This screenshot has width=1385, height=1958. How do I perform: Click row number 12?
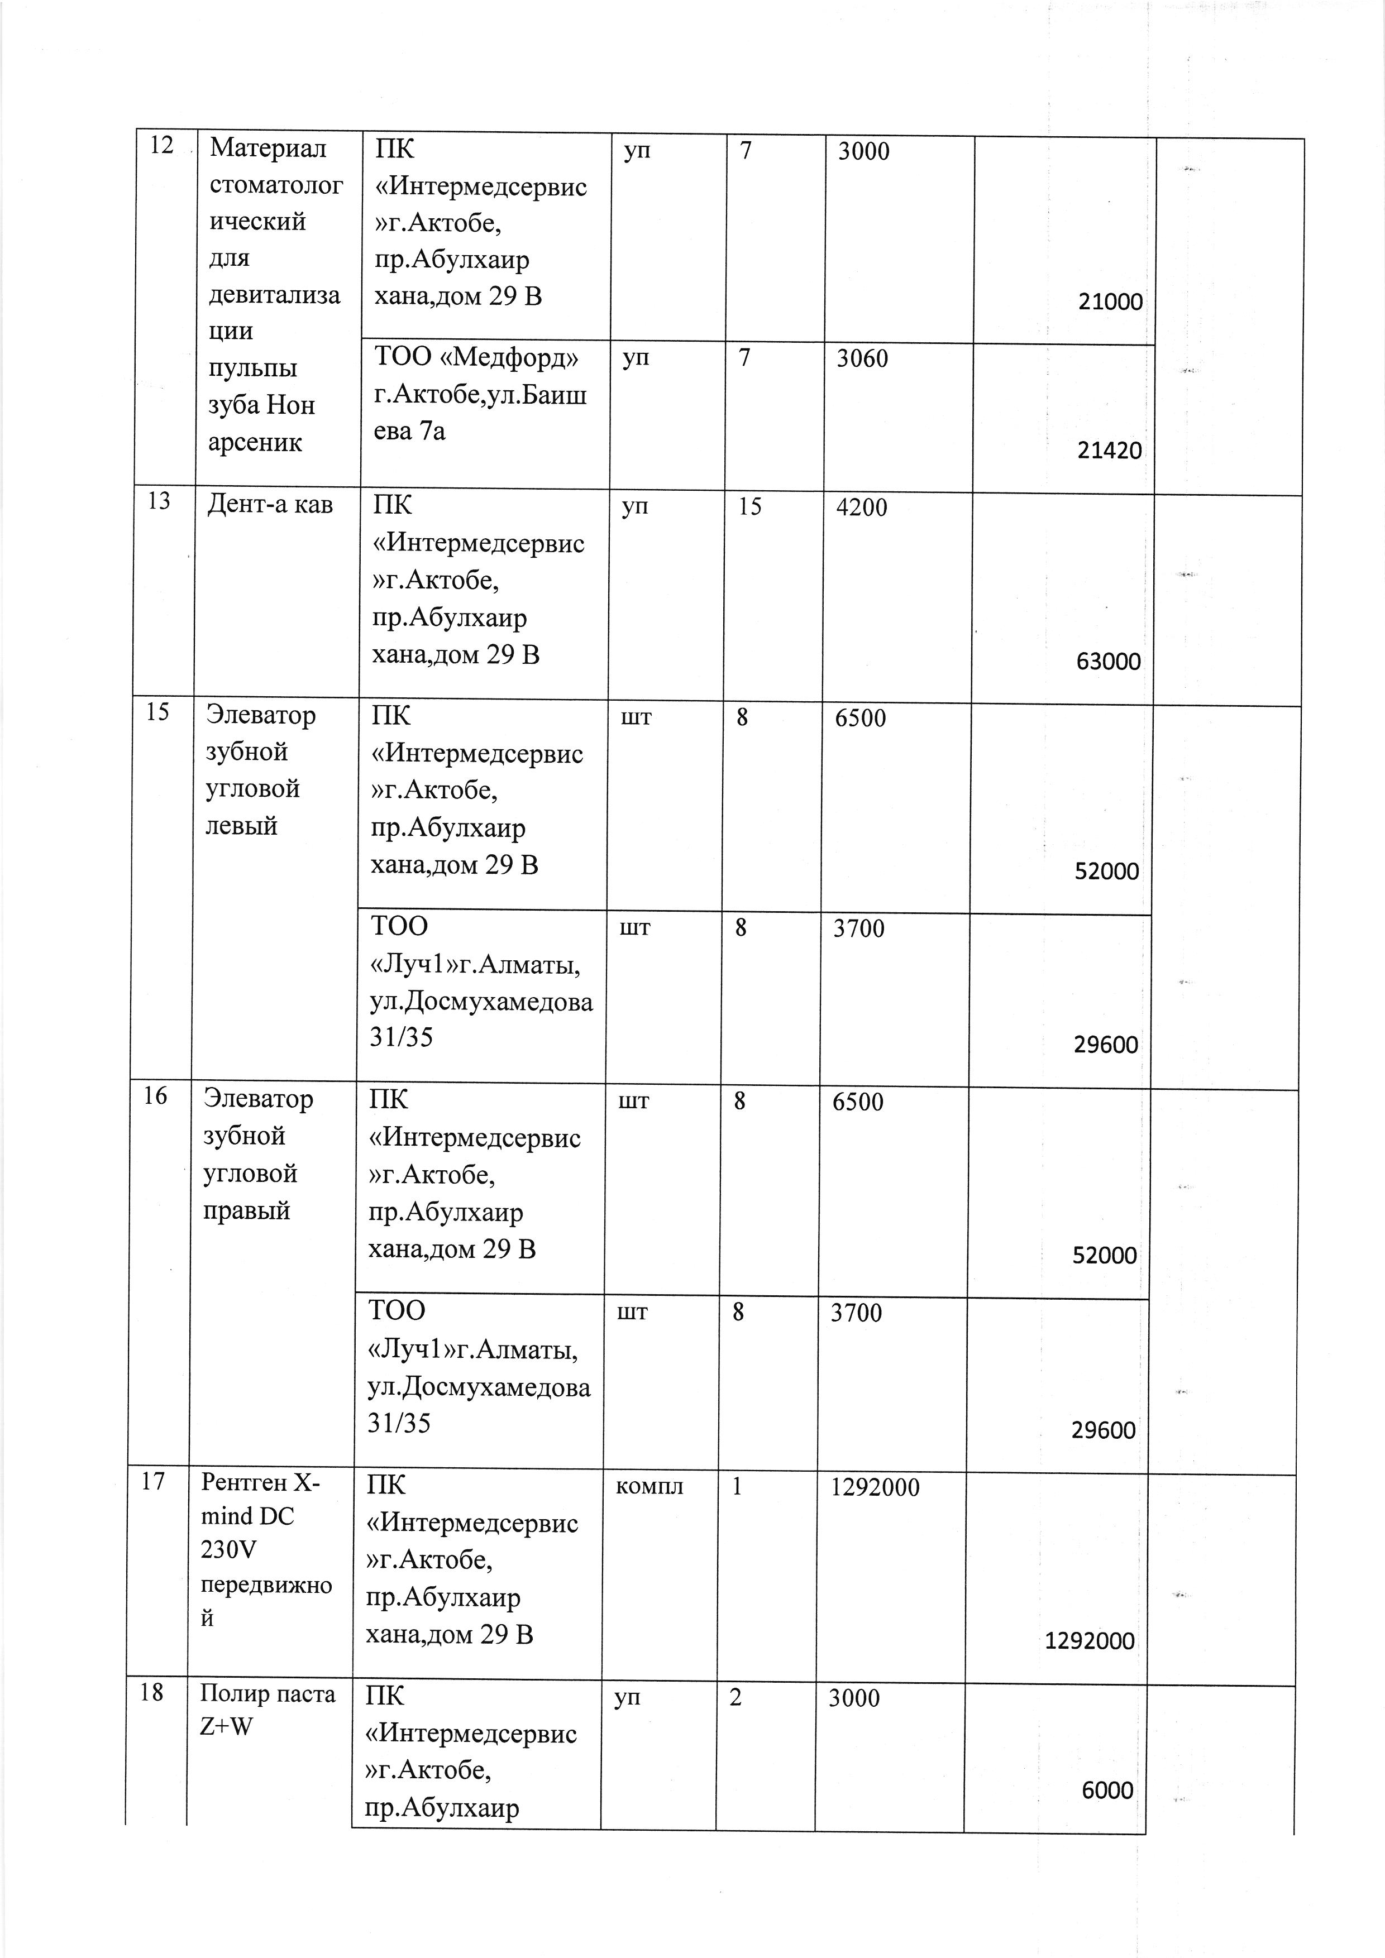pyautogui.click(x=161, y=146)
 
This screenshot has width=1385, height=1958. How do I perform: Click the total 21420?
pyautogui.click(x=1109, y=450)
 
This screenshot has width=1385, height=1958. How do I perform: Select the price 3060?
pyautogui.click(x=861, y=358)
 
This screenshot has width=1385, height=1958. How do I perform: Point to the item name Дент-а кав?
pyautogui.click(x=270, y=505)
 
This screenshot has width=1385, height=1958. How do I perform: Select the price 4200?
pyautogui.click(x=861, y=508)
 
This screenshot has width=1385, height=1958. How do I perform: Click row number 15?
pyautogui.click(x=158, y=712)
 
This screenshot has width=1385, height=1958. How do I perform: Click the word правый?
pyautogui.click(x=246, y=1210)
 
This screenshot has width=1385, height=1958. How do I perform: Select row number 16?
pyautogui.click(x=155, y=1096)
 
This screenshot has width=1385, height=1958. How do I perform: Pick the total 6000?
pyautogui.click(x=1107, y=1790)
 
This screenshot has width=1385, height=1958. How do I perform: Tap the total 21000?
pyautogui.click(x=1110, y=301)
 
